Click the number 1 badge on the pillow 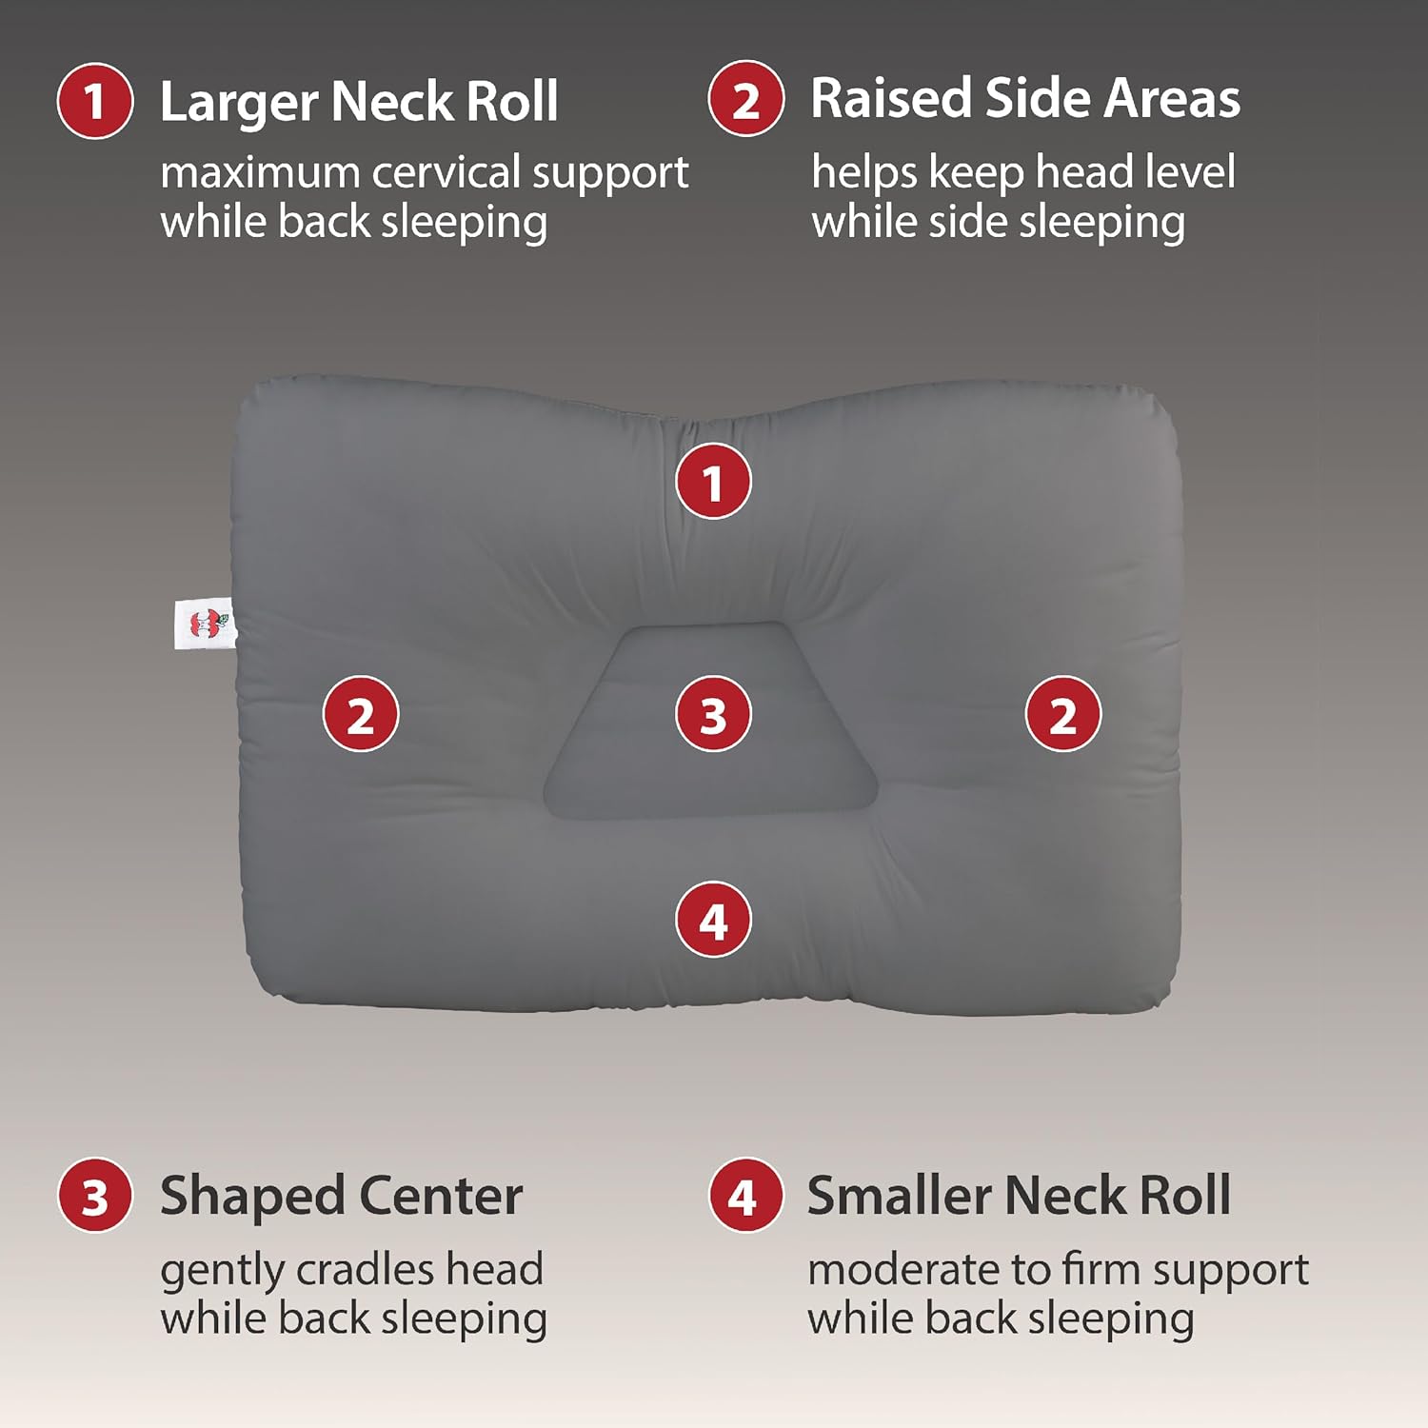click(713, 482)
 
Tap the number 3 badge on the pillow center click(713, 714)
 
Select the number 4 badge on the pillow click(713, 921)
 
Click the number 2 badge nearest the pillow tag click(361, 714)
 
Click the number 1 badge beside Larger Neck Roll click(94, 101)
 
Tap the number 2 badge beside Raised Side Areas click(745, 99)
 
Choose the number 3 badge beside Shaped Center click(94, 1196)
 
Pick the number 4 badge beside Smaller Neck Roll click(745, 1196)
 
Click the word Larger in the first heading click(239, 103)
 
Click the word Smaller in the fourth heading click(900, 1196)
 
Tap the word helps click(864, 173)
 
